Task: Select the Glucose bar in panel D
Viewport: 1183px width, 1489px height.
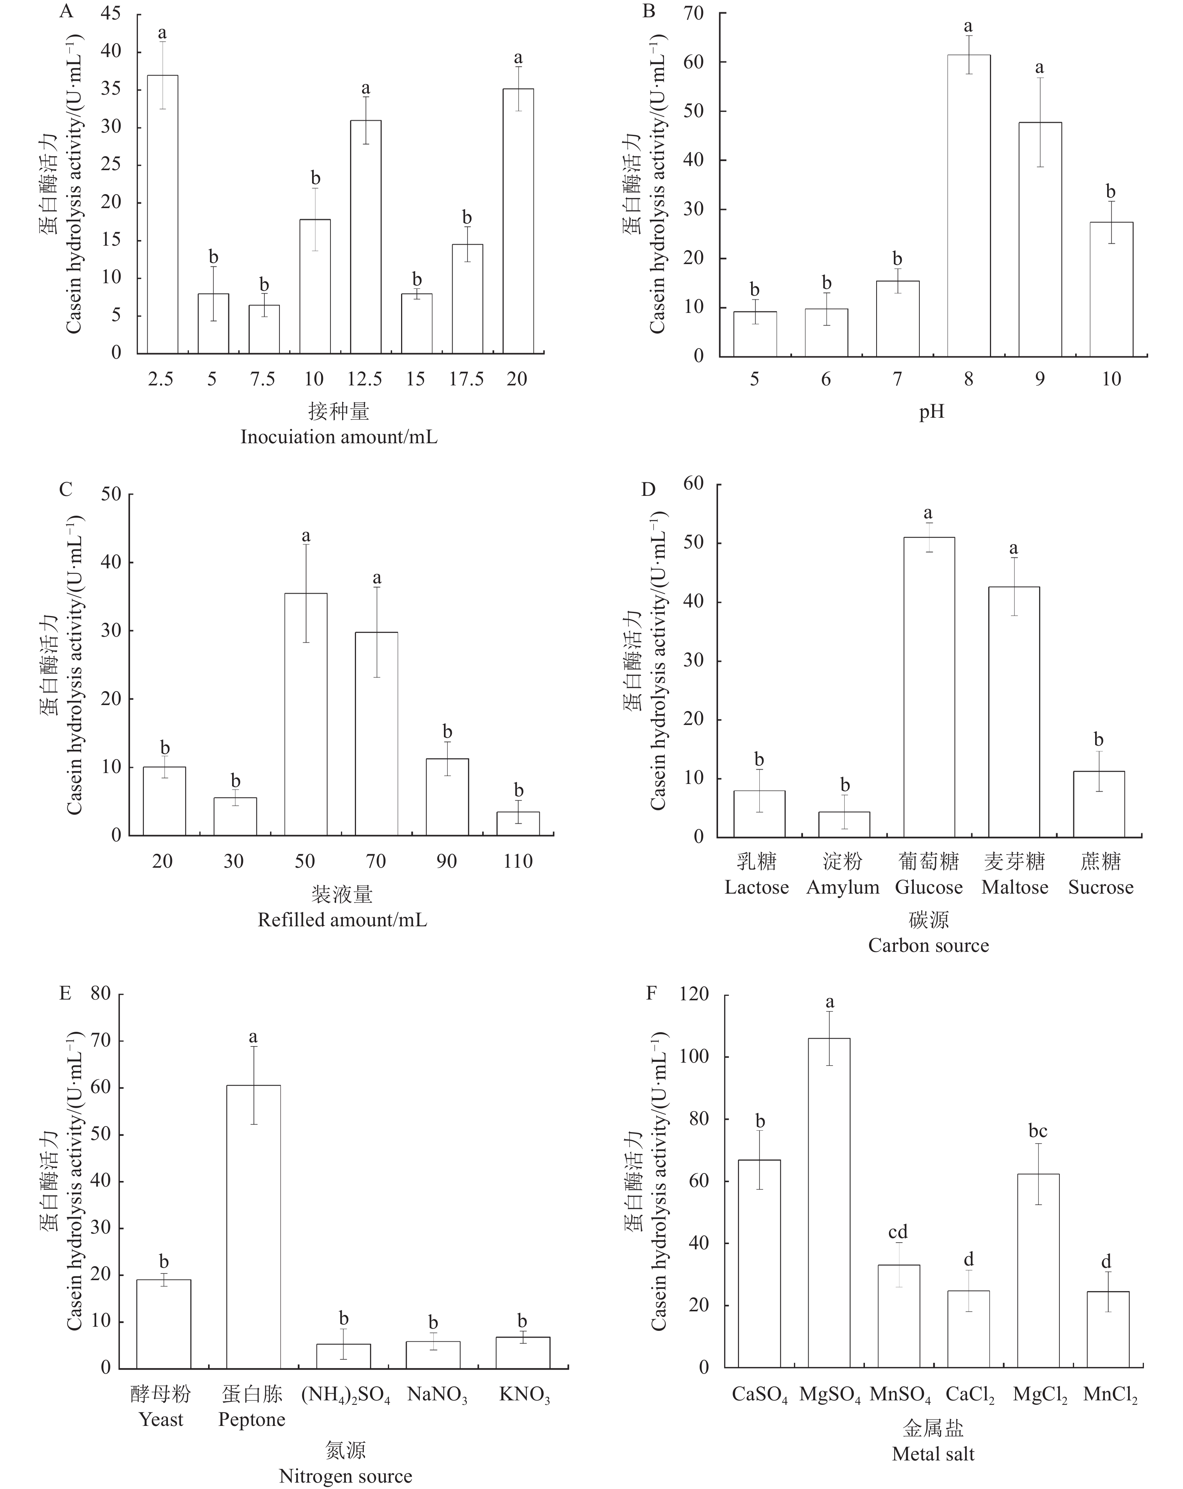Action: [929, 687]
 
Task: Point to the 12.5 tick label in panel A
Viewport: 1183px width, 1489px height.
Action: [365, 379]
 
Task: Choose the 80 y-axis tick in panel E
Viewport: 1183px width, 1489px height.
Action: [100, 994]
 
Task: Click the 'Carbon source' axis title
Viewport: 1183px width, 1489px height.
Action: [928, 945]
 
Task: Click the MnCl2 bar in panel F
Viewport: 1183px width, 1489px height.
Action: [1108, 1329]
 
